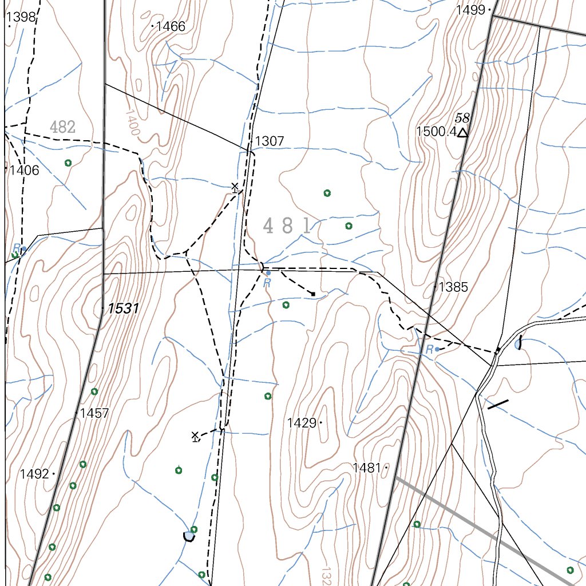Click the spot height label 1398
(x=22, y=17)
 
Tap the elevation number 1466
(x=171, y=26)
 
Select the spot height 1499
(x=470, y=10)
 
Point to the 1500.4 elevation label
(x=435, y=132)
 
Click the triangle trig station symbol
(x=462, y=133)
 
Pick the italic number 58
(x=462, y=118)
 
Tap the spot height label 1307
(x=269, y=141)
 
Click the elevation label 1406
(x=24, y=170)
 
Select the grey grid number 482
(x=62, y=127)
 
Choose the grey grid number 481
(x=287, y=226)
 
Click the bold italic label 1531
(x=124, y=308)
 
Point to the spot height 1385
(x=453, y=287)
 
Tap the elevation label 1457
(x=94, y=413)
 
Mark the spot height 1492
(x=34, y=474)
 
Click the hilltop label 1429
(x=302, y=423)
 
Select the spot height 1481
(x=367, y=468)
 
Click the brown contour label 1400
(x=131, y=122)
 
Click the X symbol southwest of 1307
(x=235, y=186)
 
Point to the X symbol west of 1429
(x=195, y=436)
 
